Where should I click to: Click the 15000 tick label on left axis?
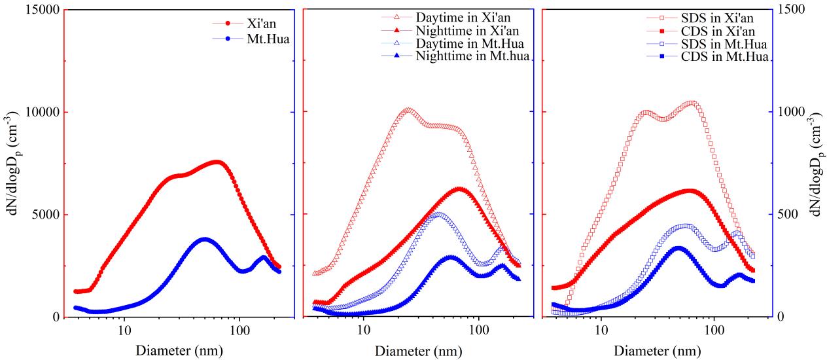(39, 10)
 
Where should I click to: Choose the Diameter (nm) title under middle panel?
(419, 351)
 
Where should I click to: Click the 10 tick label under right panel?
(601, 328)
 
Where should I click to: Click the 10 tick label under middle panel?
(362, 328)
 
